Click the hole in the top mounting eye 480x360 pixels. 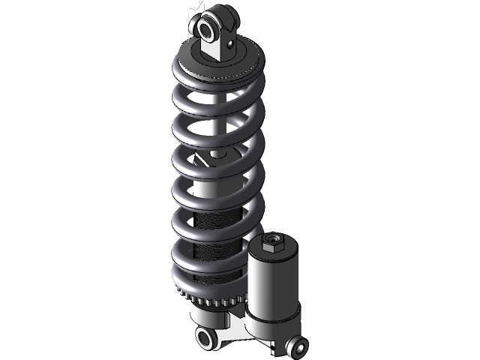[205, 28]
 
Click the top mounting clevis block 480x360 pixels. [220, 46]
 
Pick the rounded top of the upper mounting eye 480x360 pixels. [216, 13]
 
